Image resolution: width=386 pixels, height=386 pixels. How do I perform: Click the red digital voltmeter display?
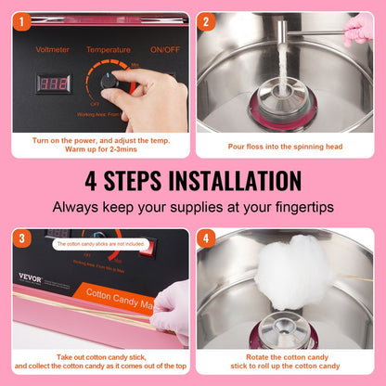53,84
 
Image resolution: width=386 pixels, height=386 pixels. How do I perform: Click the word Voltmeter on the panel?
53,49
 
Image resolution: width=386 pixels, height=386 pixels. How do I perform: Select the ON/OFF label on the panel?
165,49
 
